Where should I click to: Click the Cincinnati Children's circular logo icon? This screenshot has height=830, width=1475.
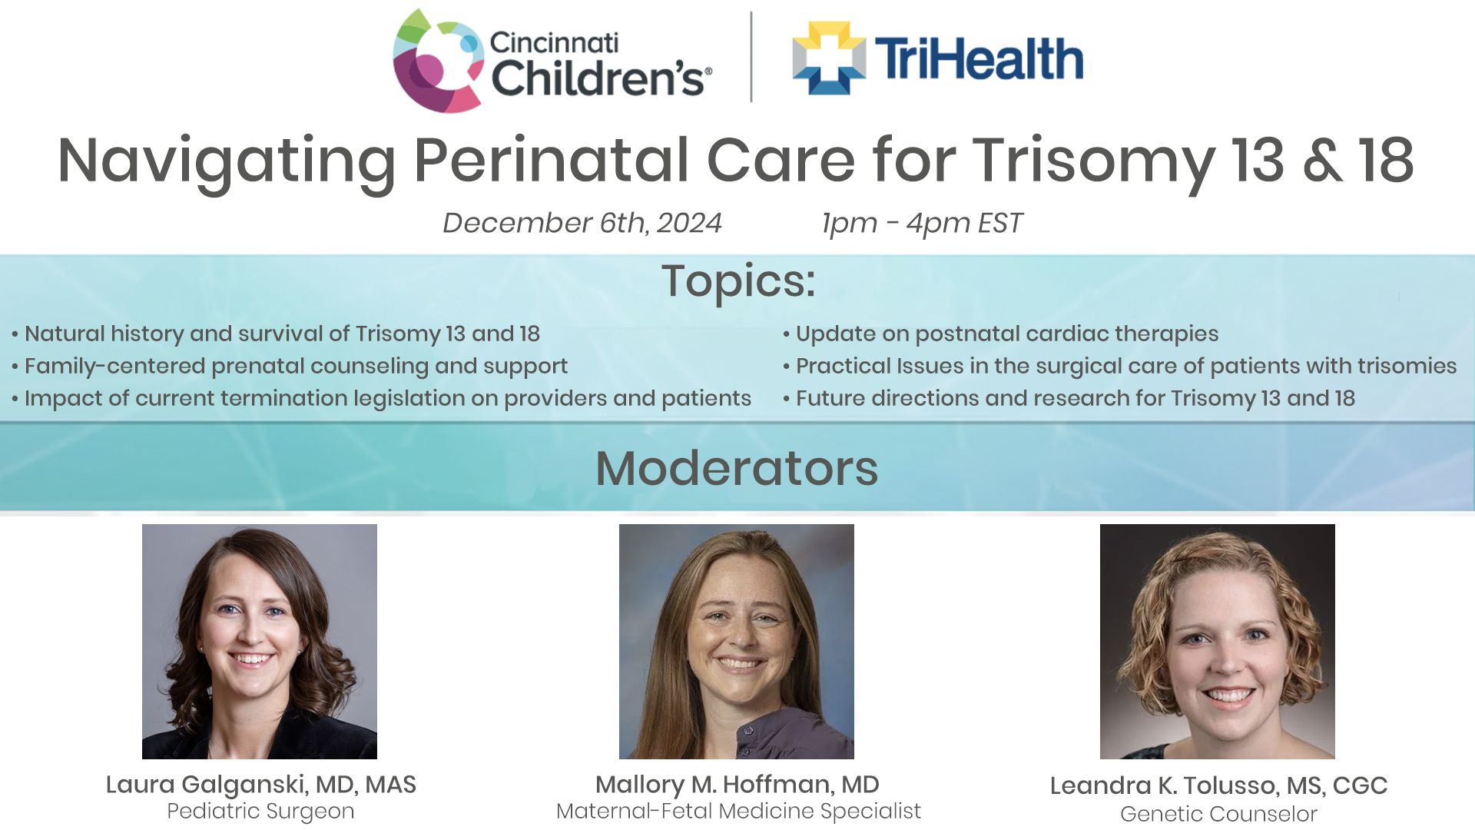438,61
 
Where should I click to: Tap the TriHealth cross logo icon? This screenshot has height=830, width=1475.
829,58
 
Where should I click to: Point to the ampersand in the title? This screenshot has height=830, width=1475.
1321,161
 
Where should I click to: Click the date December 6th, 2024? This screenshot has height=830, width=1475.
582,223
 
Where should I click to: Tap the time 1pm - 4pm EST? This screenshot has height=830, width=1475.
922,223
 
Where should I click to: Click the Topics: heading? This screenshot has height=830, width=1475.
738,281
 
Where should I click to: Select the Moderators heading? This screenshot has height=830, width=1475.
737,468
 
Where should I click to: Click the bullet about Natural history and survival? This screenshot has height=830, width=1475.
276,334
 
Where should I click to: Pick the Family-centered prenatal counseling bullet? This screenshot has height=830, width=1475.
290,366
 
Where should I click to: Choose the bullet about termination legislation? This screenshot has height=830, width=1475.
381,398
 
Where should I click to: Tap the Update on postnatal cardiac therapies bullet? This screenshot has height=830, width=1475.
1000,334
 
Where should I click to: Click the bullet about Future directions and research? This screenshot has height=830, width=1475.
1069,398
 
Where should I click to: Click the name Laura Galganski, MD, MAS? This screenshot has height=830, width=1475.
260,785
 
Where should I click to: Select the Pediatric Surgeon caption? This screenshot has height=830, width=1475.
260,812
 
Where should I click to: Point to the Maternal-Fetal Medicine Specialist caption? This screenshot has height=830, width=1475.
738,812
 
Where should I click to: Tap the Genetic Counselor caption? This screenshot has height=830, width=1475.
1218,814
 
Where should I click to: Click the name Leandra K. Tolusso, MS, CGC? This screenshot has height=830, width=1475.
1218,785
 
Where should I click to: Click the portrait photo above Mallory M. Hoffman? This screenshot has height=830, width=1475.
737,642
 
